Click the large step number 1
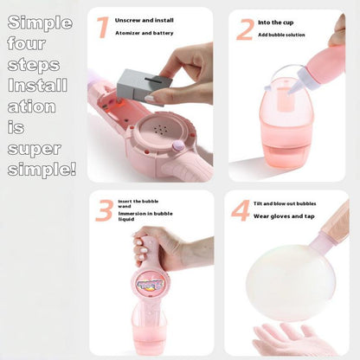click(x=103, y=28)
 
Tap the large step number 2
click(x=244, y=30)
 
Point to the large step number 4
click(x=241, y=211)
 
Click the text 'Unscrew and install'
click(x=144, y=19)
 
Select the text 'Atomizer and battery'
click(x=145, y=33)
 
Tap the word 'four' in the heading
click(x=27, y=42)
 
